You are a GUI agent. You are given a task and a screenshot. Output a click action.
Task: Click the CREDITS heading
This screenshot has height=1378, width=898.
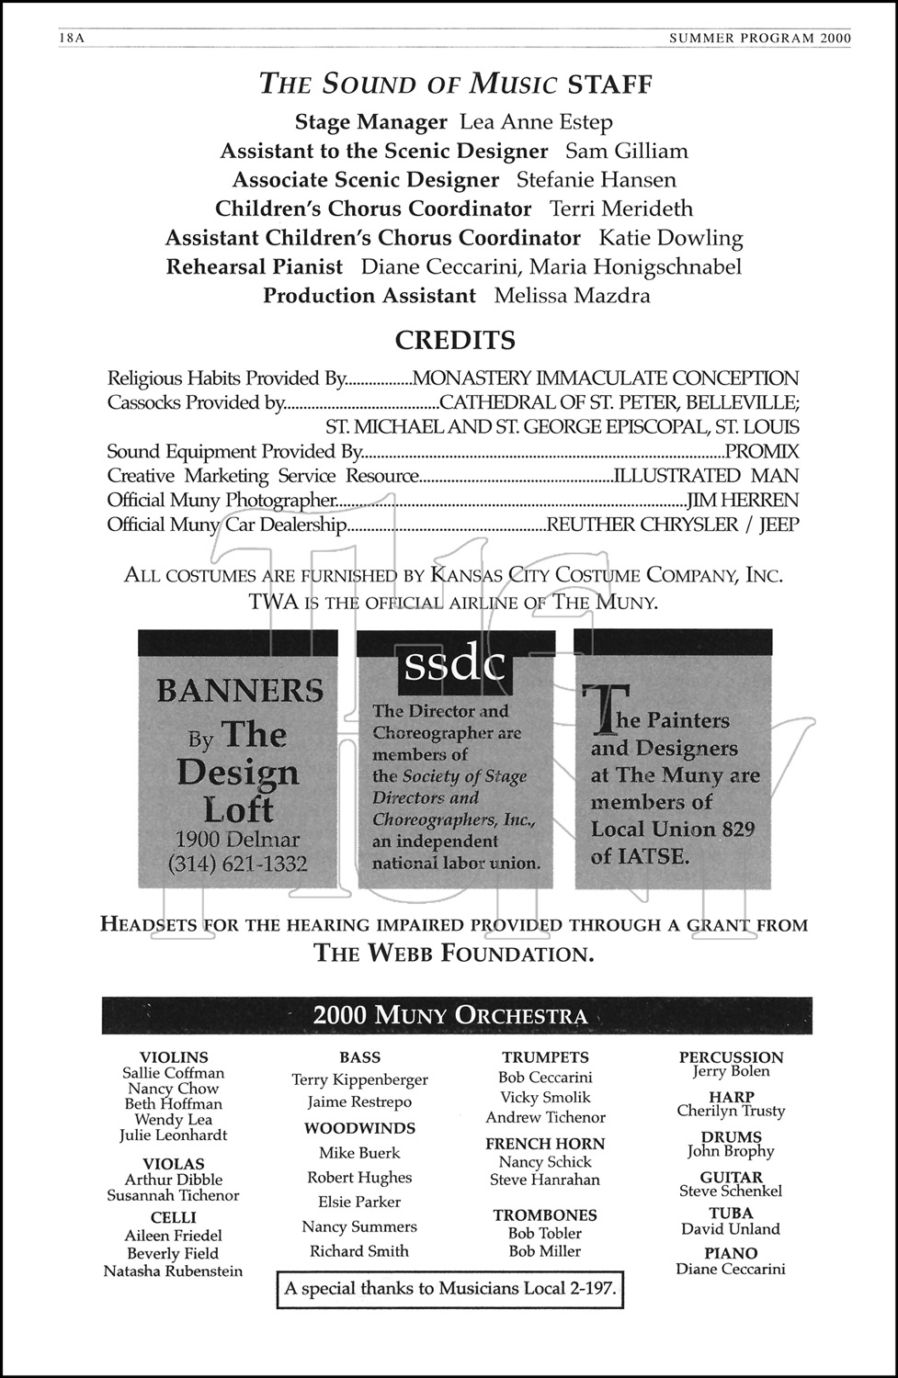(455, 341)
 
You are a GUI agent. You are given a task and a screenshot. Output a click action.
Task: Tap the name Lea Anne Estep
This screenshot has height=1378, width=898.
(536, 122)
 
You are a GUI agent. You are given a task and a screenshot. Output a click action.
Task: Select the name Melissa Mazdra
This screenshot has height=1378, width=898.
(572, 296)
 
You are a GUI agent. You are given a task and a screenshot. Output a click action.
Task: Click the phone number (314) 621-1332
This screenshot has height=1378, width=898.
(238, 864)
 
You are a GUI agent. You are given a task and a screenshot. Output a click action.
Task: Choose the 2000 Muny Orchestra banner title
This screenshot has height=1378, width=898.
(449, 1015)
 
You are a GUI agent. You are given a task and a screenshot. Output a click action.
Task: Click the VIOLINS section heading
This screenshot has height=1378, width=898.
(174, 1057)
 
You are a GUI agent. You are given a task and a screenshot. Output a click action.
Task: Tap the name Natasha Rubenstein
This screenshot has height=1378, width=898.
(174, 1271)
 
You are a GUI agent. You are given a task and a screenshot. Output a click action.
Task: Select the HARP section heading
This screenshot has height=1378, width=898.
(732, 1096)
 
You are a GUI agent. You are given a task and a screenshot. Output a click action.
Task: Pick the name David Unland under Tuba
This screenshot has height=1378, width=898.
(731, 1229)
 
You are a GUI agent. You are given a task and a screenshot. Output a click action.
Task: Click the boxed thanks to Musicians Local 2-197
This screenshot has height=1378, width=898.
(449, 1289)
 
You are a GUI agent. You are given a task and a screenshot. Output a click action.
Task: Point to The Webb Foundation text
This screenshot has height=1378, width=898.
(454, 954)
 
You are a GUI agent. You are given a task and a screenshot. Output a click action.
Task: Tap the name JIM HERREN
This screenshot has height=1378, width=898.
(743, 501)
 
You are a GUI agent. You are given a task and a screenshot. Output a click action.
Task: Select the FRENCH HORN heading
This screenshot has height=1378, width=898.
(545, 1144)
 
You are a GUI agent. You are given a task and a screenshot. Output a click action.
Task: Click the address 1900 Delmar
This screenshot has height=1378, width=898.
(237, 840)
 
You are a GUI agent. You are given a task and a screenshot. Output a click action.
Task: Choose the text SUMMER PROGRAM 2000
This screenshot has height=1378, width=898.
(760, 38)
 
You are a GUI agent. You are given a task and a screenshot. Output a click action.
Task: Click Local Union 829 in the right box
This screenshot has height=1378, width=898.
(673, 830)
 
